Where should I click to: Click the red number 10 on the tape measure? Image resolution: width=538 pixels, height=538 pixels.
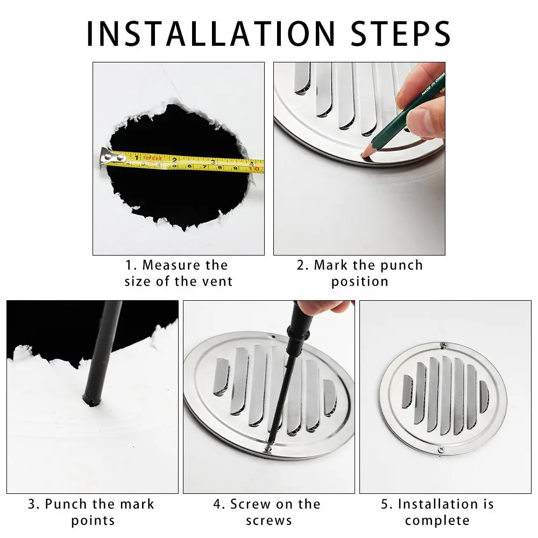(x=255, y=169)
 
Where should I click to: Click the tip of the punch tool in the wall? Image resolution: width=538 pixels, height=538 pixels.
(x=87, y=399)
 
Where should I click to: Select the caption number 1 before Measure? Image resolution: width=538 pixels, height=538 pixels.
(x=129, y=265)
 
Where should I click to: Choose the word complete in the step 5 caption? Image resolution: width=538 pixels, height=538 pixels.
(x=437, y=520)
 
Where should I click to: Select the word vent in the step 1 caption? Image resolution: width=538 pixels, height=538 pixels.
(x=218, y=281)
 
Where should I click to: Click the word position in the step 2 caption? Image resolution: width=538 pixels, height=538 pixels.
(x=359, y=281)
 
